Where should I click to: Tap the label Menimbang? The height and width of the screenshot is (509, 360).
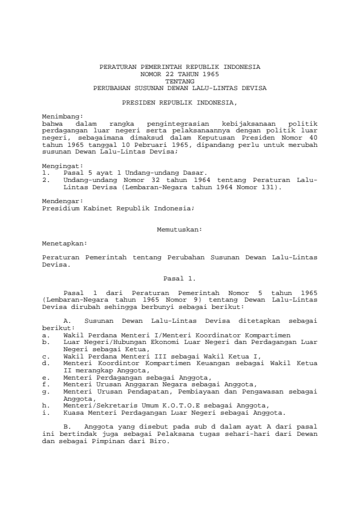tap(62, 114)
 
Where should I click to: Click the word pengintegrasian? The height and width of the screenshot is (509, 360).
tap(181, 122)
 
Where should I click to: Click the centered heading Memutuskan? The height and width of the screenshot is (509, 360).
tap(180, 230)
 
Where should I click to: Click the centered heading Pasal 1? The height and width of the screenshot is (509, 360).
tap(180, 278)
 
